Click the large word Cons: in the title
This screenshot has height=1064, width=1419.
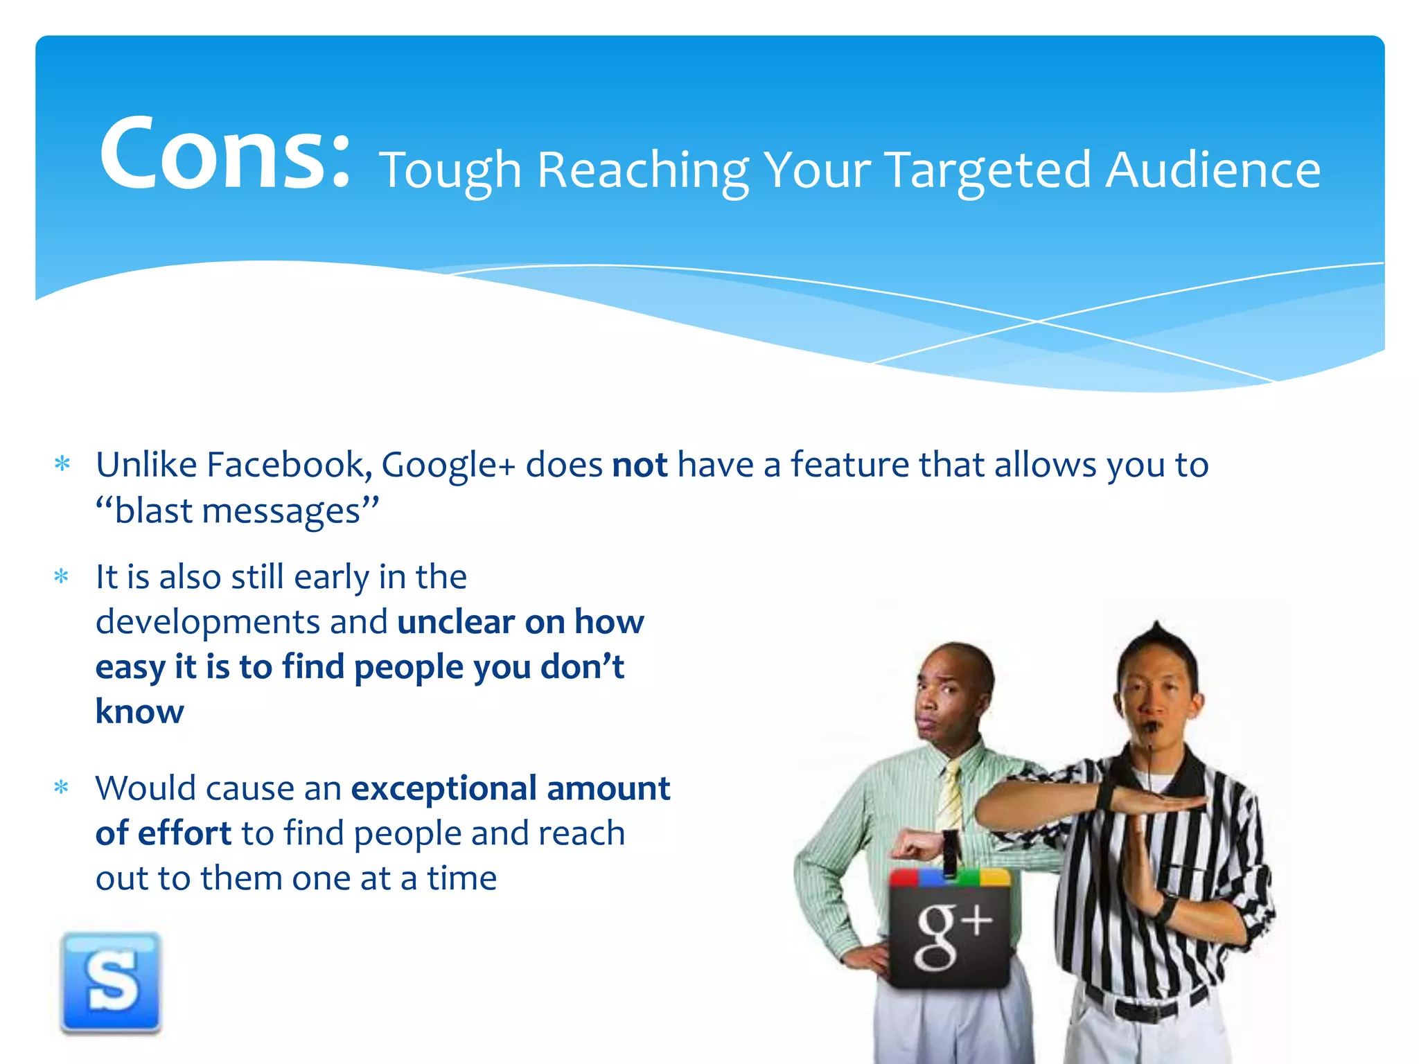225,154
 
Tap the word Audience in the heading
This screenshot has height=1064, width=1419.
1213,170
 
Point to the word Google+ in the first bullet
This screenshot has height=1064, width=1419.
448,465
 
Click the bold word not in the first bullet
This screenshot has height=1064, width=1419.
640,465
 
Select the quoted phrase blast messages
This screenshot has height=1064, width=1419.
238,511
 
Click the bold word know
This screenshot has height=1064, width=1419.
140,712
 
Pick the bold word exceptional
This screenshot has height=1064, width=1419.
443,788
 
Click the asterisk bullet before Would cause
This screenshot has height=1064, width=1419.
62,788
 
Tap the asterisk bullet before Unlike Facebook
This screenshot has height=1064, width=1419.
62,463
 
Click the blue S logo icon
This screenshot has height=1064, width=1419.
111,982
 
